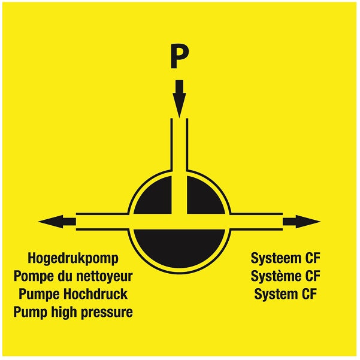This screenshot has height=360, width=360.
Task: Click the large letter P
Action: coord(179,56)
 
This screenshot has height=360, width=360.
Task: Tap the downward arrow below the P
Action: coord(179,99)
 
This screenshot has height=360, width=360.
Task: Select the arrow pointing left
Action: coord(57,222)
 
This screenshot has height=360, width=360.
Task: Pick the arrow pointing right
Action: coord(301,222)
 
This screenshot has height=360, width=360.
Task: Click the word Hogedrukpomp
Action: coord(73,259)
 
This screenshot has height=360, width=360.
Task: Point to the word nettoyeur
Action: coord(104,276)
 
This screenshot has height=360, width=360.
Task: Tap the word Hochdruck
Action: coord(95,294)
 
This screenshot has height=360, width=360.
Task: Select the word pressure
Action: coord(107,313)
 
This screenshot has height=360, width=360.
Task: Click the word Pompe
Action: coord(34,277)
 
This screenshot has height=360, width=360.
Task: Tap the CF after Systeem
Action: coord(313,258)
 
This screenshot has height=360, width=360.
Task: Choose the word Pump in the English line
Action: coord(31,313)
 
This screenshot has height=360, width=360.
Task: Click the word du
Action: coord(65,276)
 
